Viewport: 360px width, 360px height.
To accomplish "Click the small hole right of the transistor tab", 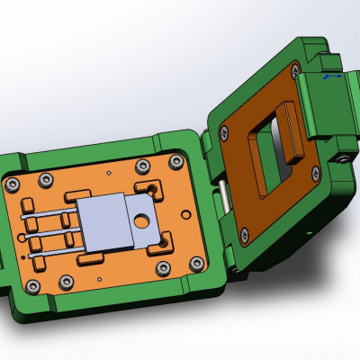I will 184,214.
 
